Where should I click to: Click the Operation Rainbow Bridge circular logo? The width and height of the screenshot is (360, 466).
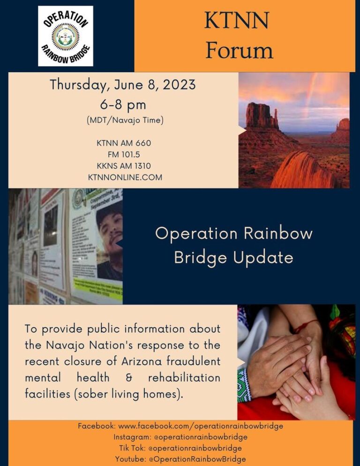click(66, 36)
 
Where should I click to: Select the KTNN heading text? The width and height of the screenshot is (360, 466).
click(237, 21)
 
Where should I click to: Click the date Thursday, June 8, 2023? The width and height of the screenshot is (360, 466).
click(123, 85)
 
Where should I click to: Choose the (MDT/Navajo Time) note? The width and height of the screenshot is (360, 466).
click(125, 120)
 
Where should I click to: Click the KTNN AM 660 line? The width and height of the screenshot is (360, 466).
click(124, 143)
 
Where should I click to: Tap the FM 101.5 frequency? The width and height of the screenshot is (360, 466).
click(124, 154)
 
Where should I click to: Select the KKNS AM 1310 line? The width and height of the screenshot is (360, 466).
click(124, 165)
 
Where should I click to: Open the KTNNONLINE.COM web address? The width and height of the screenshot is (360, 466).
click(125, 177)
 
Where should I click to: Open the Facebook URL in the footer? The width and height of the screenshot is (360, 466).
click(201, 426)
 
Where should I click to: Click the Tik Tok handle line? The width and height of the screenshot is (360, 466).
click(180, 448)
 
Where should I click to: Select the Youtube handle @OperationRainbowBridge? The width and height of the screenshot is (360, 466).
click(197, 459)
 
